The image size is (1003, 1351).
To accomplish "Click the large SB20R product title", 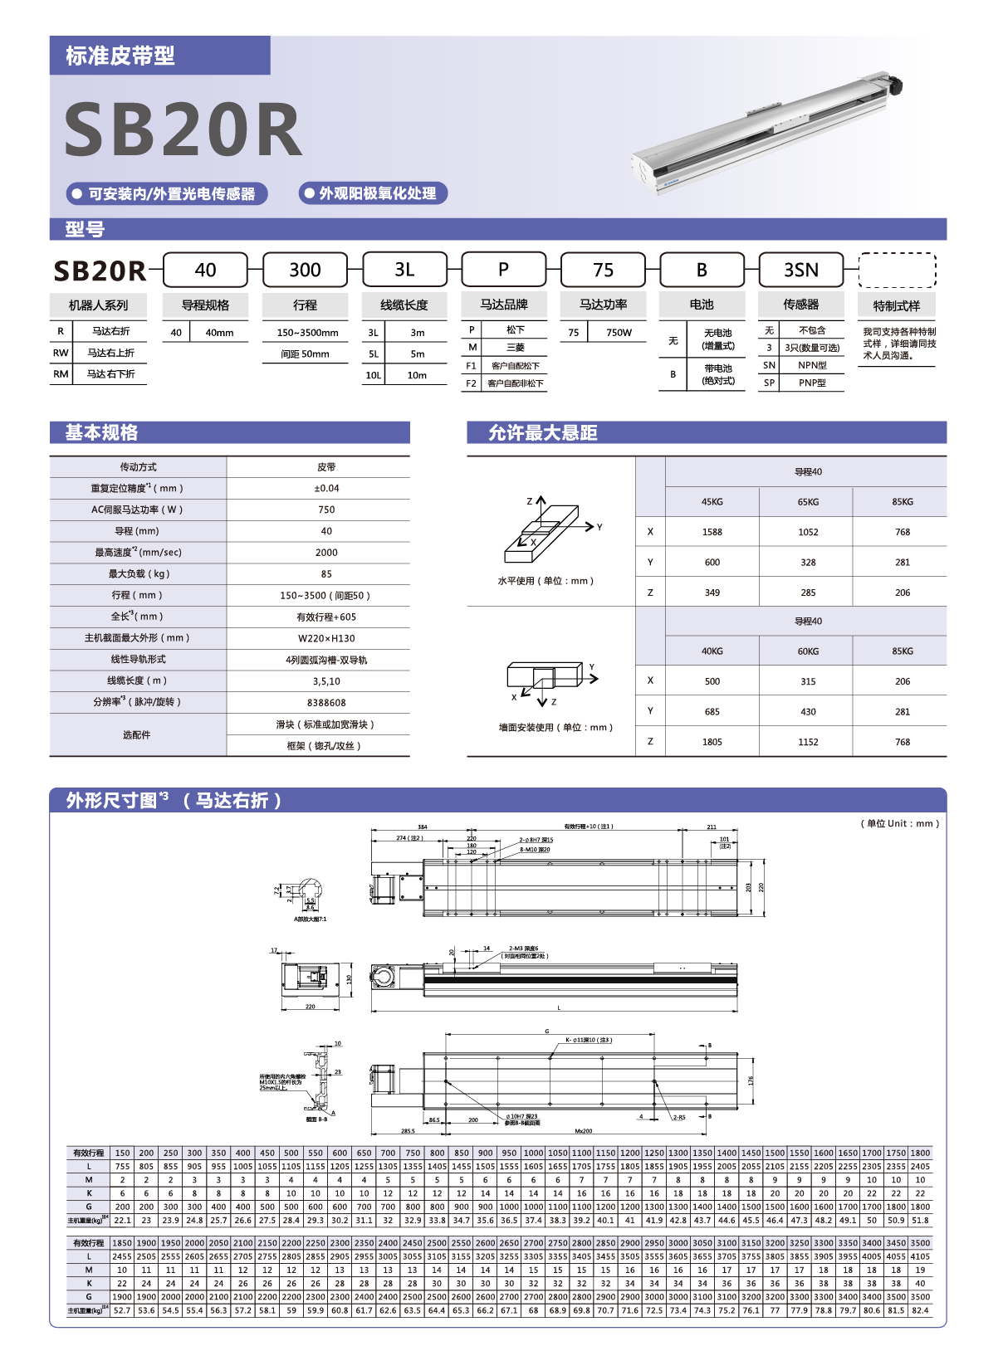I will point(183,129).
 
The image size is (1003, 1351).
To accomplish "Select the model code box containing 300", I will point(305,270).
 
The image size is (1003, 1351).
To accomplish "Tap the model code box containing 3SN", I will point(801,270).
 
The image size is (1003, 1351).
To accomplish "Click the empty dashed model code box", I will point(897,271).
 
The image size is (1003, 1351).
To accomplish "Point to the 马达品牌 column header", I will point(503,305).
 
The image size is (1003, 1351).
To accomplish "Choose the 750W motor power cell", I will point(619,333).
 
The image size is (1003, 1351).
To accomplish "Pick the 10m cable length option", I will point(417,375).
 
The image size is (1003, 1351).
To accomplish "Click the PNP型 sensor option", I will point(812,383).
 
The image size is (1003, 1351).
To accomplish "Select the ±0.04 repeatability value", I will point(326,489).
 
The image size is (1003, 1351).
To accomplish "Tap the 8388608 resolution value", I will point(326,703).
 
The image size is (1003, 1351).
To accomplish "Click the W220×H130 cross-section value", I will point(326,638).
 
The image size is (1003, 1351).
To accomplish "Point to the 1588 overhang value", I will point(712,532).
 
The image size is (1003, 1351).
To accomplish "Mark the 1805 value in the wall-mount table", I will point(712,742).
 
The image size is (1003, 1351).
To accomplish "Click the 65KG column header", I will point(808,502).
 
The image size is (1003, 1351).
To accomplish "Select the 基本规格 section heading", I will point(102,432).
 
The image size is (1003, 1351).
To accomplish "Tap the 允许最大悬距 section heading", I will point(543,432).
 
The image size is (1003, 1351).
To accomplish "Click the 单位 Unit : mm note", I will point(899,823).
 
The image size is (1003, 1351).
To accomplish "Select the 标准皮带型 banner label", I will point(120,56).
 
